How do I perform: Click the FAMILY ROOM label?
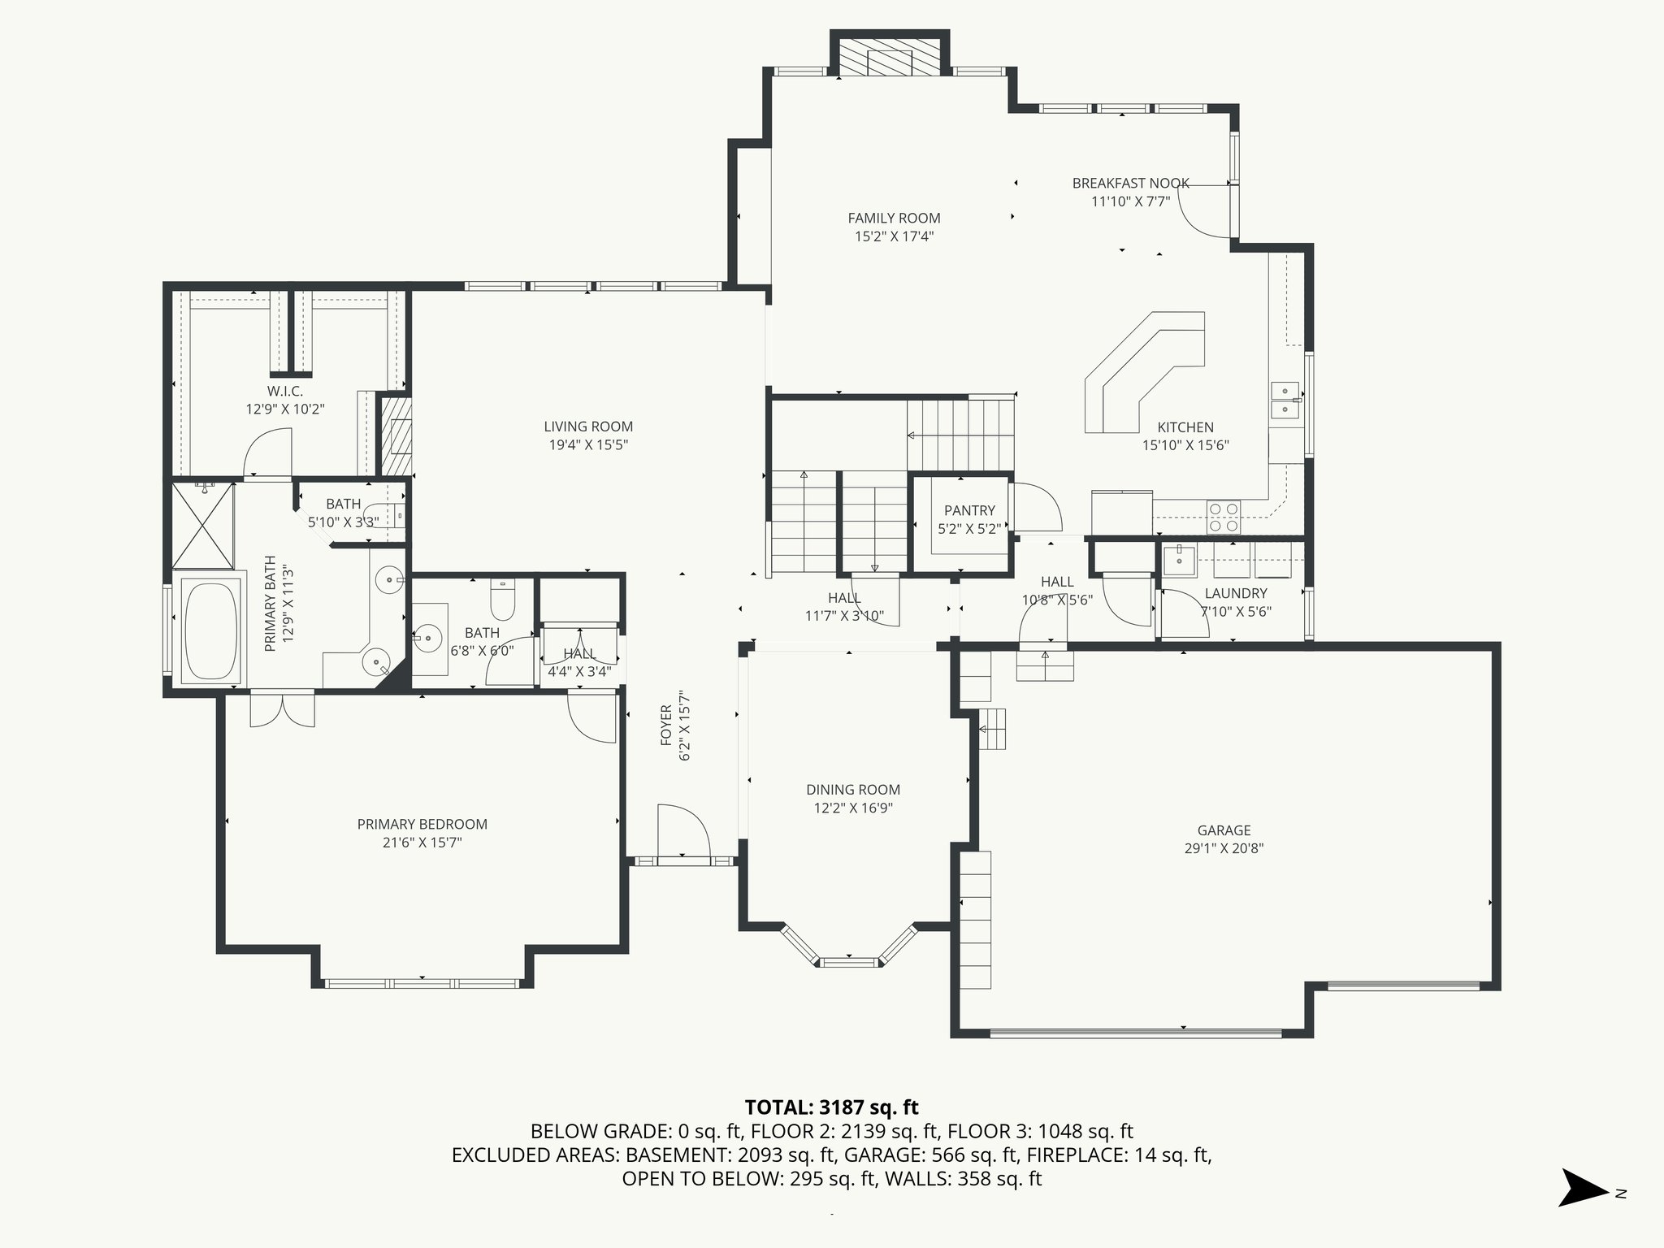894,218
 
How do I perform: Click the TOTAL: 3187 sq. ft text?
831,1107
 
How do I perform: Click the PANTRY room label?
969,510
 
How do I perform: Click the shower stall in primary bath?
203,525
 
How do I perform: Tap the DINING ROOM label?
852,789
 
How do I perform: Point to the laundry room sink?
1178,560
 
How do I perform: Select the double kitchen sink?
1284,399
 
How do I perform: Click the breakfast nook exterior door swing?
1202,213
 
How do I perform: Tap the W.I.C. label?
284,391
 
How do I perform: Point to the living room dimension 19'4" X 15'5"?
588,444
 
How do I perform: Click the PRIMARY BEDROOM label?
422,824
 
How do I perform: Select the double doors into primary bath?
282,708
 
